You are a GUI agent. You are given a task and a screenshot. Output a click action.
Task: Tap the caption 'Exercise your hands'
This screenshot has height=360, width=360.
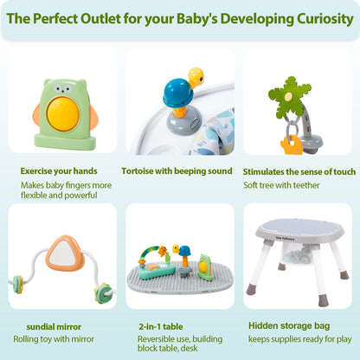tap(60, 171)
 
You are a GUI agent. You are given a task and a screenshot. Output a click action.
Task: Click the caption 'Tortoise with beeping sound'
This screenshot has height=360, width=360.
tap(177, 171)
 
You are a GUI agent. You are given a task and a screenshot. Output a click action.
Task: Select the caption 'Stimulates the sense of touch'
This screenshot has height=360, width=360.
tap(299, 171)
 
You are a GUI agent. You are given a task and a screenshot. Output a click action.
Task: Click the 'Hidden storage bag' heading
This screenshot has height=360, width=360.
tap(286, 325)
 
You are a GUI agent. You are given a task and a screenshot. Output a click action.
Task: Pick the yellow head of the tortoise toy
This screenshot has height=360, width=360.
tap(196, 76)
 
